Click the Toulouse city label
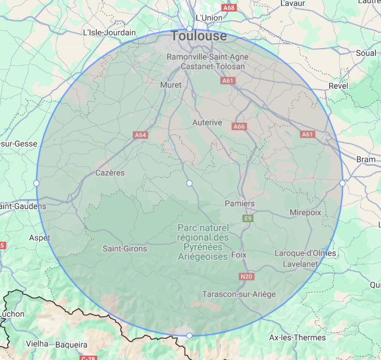[198, 36]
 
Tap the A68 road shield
[229, 8]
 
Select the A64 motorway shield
[140, 135]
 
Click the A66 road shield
[239, 126]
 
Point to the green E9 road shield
[248, 218]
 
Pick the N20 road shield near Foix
[247, 277]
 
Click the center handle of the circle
[189, 183]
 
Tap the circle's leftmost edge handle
[36, 183]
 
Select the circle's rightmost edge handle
[342, 183]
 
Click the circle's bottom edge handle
[189, 335]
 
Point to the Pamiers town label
[239, 204]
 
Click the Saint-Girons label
[125, 248]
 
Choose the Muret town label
[171, 85]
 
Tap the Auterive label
[207, 123]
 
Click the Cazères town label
[110, 173]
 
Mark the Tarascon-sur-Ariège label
[239, 294]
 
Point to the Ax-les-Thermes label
[298, 338]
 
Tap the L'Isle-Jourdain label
[109, 32]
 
